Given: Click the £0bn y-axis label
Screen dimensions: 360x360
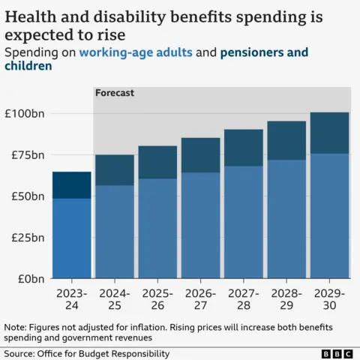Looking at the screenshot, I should click(x=30, y=278).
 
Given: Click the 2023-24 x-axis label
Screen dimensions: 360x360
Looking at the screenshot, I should click(x=71, y=300).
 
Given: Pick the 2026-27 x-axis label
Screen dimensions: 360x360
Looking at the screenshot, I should click(x=200, y=300).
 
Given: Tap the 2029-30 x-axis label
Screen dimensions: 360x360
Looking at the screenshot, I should click(x=329, y=300).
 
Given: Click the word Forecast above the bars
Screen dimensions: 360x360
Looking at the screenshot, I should click(x=114, y=94).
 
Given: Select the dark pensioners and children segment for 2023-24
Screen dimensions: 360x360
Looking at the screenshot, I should click(x=71, y=184).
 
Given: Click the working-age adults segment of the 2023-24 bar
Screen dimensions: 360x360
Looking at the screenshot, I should click(x=71, y=238).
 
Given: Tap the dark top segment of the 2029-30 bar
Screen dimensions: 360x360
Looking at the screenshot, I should click(x=329, y=133).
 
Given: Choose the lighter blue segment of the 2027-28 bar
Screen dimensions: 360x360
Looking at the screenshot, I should click(x=243, y=222).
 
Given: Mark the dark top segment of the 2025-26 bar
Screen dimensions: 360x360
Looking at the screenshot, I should click(x=157, y=162).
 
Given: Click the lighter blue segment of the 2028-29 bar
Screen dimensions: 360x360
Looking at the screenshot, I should click(x=286, y=219).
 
